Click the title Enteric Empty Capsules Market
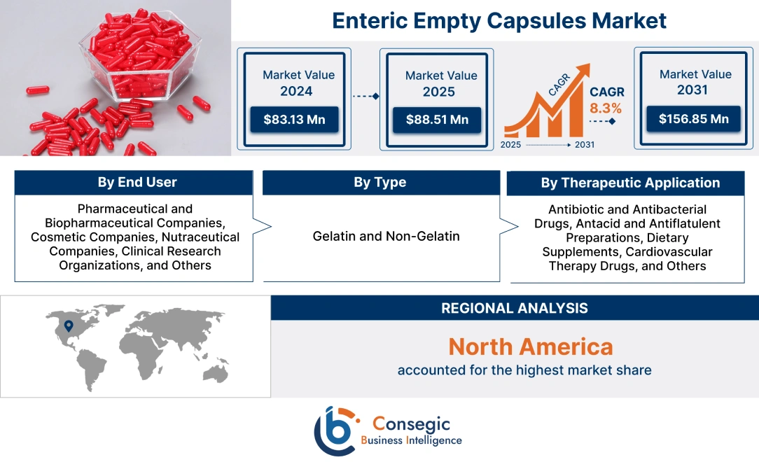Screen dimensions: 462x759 pyautogui.click(x=499, y=20)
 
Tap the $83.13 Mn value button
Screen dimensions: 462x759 pyautogui.click(x=294, y=120)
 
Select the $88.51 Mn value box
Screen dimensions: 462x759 pyautogui.click(x=437, y=120)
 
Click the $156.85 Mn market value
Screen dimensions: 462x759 pyautogui.click(x=693, y=119)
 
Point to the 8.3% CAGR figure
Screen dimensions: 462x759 pyautogui.click(x=606, y=108)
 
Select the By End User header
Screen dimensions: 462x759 pyautogui.click(x=137, y=183)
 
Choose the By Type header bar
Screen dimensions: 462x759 pyautogui.click(x=379, y=183)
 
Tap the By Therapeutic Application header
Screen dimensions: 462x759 pyautogui.click(x=630, y=183)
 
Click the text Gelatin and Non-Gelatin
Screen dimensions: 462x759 pyautogui.click(x=386, y=236)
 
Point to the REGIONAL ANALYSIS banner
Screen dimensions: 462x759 pyautogui.click(x=514, y=308)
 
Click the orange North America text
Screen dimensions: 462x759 pyautogui.click(x=530, y=346)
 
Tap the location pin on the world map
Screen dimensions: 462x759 pyautogui.click(x=68, y=325)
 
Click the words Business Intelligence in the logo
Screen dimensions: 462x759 pyautogui.click(x=411, y=440)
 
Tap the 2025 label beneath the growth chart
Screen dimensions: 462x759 pyautogui.click(x=510, y=145)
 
